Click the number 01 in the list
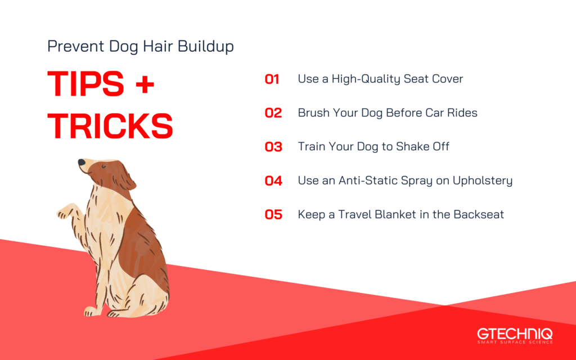point(272,79)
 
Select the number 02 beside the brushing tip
point(273,113)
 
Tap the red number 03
point(273,147)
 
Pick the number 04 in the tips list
point(273,181)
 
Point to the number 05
point(273,215)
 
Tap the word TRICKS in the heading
point(110,127)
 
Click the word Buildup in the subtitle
point(206,47)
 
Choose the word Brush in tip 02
point(313,113)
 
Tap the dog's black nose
point(82,163)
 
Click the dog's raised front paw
point(64,212)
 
